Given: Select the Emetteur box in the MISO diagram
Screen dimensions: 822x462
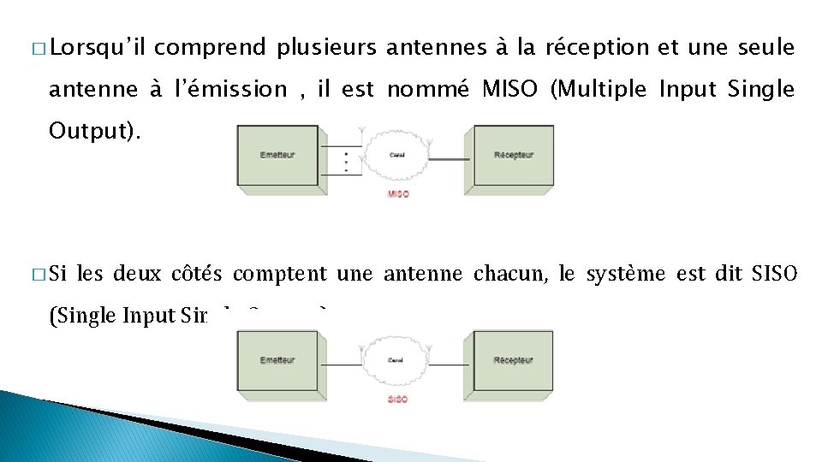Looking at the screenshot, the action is pos(277,155).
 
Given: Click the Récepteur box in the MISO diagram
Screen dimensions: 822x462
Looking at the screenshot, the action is pos(513,155).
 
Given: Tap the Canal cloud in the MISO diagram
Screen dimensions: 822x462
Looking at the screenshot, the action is pos(397,155).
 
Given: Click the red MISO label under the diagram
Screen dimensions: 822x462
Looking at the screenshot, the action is pos(398,194).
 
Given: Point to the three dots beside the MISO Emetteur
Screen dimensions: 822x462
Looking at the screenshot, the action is pos(346,161).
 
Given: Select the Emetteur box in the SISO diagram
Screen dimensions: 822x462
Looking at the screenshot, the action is pos(277,360).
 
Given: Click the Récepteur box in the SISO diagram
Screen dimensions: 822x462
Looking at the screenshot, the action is pos(513,360).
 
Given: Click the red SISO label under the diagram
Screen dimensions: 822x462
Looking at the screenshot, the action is pos(398,400).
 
